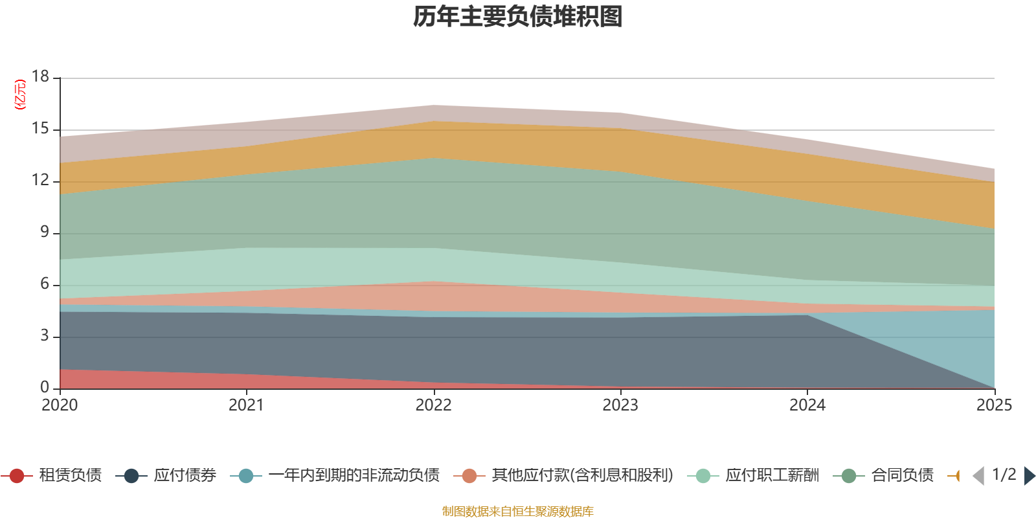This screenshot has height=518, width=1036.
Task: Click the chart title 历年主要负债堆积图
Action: (x=518, y=17)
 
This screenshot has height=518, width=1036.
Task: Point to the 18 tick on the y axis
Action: (x=41, y=76)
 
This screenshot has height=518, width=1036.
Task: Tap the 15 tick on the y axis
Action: (x=41, y=129)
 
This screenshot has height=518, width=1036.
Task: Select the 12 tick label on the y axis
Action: (x=41, y=180)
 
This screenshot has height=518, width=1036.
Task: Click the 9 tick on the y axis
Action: (x=45, y=232)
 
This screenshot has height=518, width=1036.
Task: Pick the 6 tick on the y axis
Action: (x=45, y=284)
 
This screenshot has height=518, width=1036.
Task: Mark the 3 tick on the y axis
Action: (x=45, y=335)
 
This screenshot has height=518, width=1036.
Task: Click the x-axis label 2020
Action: (x=60, y=405)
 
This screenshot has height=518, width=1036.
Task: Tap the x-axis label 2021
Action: (x=246, y=405)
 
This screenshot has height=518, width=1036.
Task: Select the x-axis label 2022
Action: (x=433, y=405)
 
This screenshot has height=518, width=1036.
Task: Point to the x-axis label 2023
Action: (x=620, y=405)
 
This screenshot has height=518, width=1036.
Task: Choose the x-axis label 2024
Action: (x=807, y=405)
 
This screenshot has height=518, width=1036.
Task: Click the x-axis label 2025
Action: (x=994, y=405)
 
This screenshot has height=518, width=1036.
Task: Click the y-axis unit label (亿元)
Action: (x=21, y=95)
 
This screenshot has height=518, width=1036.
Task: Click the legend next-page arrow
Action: (x=1029, y=476)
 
